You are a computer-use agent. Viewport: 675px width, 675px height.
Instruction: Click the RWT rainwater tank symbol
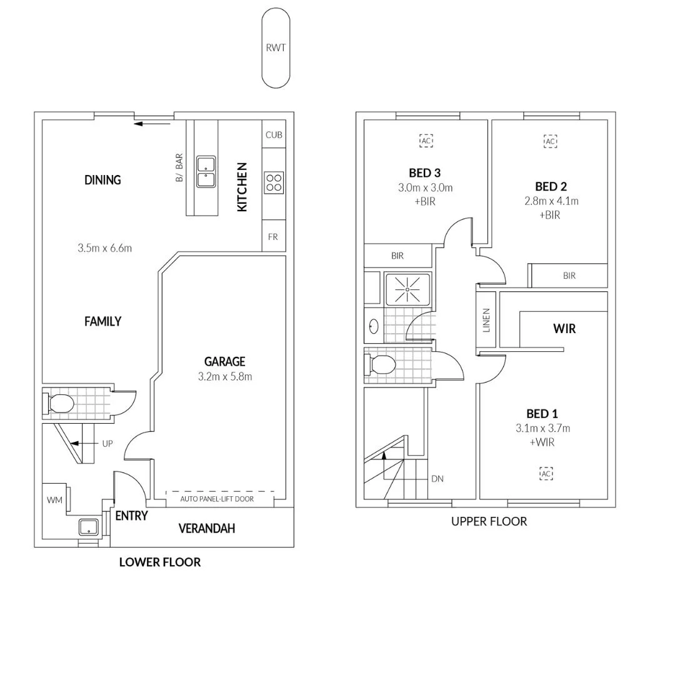[276, 47]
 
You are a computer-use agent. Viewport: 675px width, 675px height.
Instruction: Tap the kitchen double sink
[206, 172]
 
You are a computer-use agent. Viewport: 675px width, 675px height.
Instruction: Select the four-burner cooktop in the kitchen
[274, 182]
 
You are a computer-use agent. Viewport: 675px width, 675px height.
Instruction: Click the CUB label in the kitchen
[274, 135]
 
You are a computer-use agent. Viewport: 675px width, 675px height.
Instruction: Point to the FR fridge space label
[273, 237]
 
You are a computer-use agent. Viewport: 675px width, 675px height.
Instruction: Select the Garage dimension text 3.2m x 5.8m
[224, 376]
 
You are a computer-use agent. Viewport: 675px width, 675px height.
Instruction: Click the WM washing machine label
[52, 500]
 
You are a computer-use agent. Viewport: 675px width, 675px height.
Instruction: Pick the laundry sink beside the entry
[88, 527]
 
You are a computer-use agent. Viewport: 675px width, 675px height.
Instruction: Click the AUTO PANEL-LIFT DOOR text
[217, 499]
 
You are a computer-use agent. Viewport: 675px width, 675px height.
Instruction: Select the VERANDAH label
[206, 529]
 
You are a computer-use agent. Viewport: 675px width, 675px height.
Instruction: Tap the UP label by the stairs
[107, 443]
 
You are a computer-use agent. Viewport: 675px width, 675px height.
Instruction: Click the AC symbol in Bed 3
[426, 141]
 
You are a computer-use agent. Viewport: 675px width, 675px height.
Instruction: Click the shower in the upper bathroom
[407, 289]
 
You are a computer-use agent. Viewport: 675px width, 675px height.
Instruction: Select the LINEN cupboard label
[486, 320]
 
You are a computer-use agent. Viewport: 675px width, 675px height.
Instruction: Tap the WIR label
[564, 328]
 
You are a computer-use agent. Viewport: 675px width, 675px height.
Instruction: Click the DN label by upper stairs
[437, 479]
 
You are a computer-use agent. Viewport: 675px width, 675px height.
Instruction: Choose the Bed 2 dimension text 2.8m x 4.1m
[551, 201]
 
